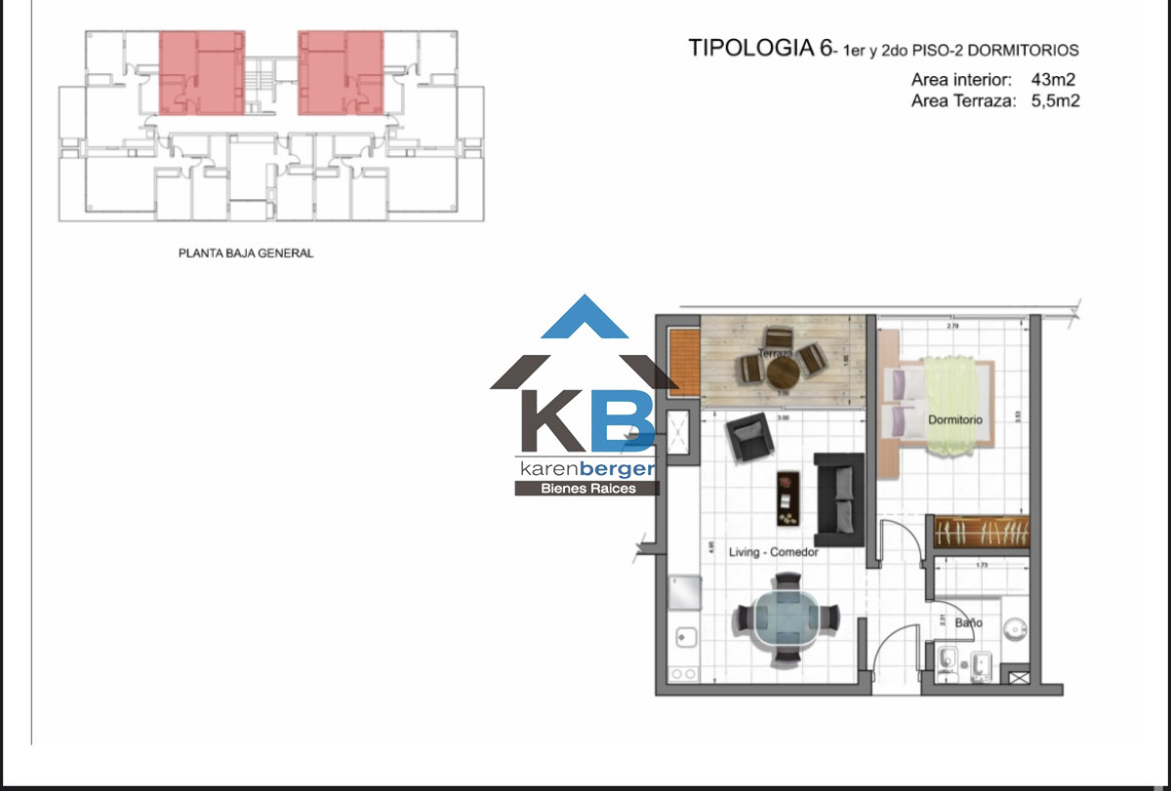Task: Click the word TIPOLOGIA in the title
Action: pos(750,49)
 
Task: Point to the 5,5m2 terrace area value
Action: pos(1054,99)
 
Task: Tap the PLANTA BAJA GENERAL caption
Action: pos(246,253)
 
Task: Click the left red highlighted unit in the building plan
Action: pos(202,72)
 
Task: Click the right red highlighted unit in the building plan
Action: pos(341,72)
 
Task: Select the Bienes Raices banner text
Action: pos(586,488)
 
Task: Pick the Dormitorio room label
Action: pos(955,419)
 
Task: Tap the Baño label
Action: pos(968,622)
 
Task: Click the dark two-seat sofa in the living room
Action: pos(839,498)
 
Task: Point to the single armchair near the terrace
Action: pos(748,438)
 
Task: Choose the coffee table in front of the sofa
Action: pos(787,496)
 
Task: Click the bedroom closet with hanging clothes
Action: pos(982,533)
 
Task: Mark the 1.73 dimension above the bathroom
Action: pos(980,565)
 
